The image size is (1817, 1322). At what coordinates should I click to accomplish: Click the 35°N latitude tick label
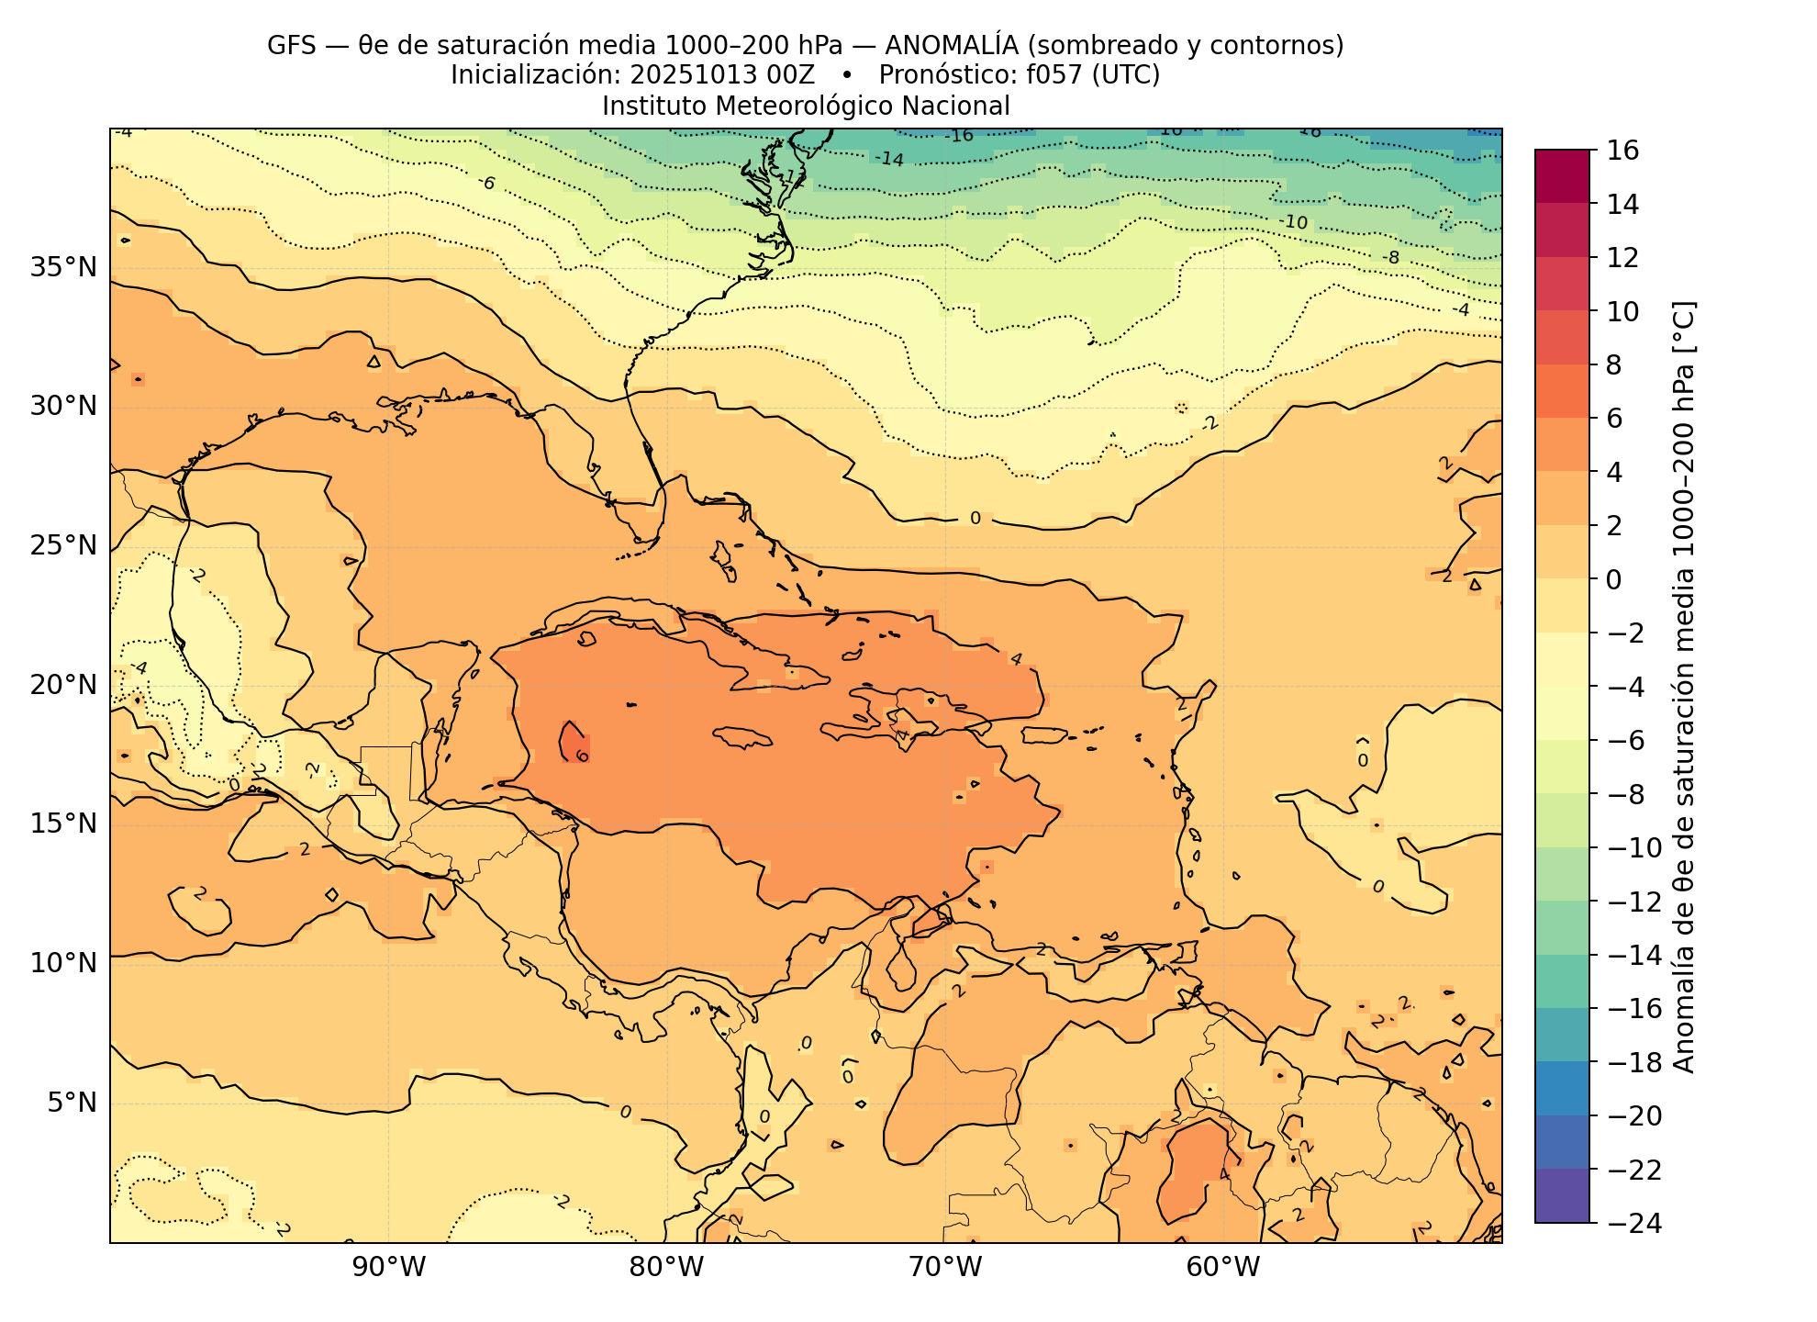click(x=63, y=268)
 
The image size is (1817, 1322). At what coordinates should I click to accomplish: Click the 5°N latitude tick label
click(x=72, y=1102)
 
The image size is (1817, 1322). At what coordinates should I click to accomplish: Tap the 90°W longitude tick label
click(x=389, y=1268)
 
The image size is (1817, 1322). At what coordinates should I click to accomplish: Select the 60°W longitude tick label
click(x=1222, y=1268)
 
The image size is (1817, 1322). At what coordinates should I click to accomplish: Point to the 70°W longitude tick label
click(x=944, y=1268)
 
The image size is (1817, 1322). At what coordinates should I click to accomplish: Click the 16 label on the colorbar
click(x=1623, y=151)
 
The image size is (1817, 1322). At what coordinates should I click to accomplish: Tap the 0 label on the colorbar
click(x=1613, y=579)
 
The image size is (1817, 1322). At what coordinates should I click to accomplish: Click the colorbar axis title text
click(x=1685, y=687)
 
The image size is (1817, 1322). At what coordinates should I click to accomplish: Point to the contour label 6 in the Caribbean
click(x=582, y=756)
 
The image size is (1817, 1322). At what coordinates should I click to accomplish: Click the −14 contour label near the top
click(x=888, y=159)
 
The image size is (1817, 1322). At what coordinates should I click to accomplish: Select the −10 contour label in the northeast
click(x=1293, y=222)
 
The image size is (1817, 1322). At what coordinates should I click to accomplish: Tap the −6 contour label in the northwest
click(x=486, y=183)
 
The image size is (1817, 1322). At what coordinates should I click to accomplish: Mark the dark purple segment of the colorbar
click(x=1561, y=1195)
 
